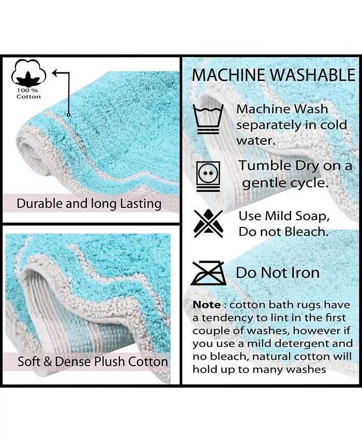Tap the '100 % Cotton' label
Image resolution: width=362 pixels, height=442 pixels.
(28, 94)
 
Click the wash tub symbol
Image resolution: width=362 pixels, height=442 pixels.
(208, 119)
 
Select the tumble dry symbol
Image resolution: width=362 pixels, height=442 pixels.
(208, 176)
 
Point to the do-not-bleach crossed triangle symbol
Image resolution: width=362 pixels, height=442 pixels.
(208, 223)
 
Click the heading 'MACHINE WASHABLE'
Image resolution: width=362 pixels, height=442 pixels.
(274, 75)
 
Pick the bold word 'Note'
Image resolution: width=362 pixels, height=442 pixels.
(207, 304)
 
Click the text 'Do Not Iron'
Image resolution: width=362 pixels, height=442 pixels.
(278, 272)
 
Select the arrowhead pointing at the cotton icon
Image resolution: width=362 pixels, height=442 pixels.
(55, 73)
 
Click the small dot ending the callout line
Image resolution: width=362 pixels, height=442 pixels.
(68, 115)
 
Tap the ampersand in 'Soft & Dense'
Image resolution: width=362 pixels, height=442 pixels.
(48, 362)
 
